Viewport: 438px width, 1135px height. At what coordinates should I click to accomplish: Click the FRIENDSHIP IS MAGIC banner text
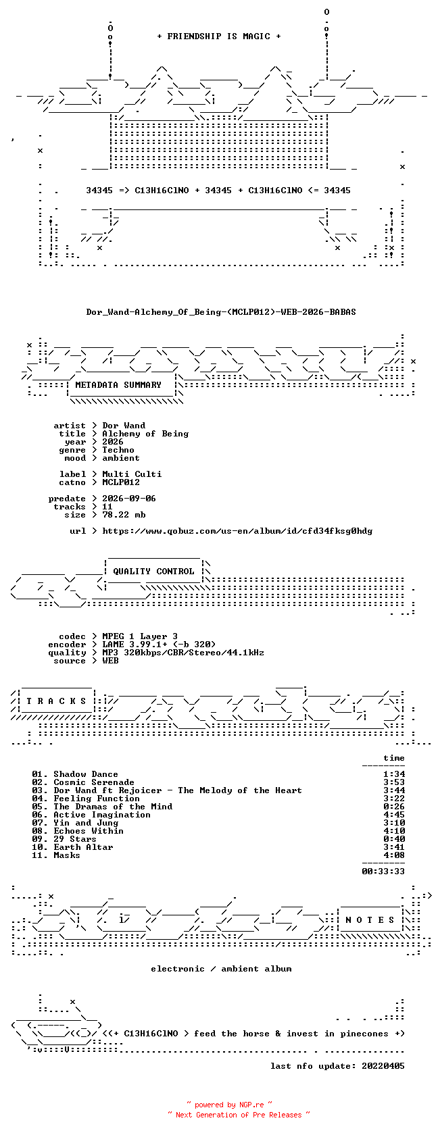(x=219, y=36)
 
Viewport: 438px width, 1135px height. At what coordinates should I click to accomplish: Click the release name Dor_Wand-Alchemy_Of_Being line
(x=221, y=312)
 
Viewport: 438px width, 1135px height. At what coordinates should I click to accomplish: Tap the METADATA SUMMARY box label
(x=118, y=385)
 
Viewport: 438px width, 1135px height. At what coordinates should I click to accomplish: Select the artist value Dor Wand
(x=124, y=426)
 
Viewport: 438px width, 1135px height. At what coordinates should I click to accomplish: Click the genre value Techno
(x=118, y=450)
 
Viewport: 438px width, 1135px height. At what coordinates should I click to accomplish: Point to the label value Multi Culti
(x=132, y=474)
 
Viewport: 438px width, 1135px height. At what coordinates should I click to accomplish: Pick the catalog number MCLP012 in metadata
(x=120, y=482)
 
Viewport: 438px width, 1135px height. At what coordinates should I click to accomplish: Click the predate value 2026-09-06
(x=128, y=499)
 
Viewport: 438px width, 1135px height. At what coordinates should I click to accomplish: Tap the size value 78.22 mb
(x=124, y=515)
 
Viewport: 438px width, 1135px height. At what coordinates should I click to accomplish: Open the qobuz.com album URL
(x=237, y=531)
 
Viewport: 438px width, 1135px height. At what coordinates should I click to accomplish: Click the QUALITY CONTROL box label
(x=153, y=572)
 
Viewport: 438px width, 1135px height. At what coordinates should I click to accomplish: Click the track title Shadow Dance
(x=86, y=774)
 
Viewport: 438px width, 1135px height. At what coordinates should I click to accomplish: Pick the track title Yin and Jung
(x=86, y=823)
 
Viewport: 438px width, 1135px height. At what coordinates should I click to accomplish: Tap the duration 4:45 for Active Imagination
(x=394, y=815)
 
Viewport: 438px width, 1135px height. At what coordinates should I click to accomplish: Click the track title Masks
(x=67, y=855)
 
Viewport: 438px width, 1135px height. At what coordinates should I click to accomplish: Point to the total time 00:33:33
(x=383, y=872)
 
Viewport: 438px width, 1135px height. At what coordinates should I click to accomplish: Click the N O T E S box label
(x=370, y=920)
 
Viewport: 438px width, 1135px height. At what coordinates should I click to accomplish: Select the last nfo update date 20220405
(x=383, y=1066)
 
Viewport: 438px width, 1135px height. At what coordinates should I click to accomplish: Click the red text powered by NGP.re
(x=229, y=1105)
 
